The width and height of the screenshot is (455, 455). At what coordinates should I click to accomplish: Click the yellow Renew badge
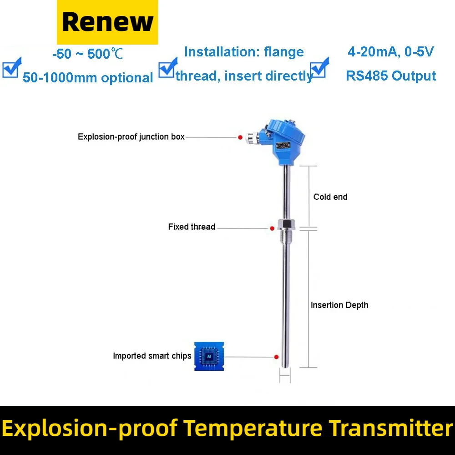tap(107, 22)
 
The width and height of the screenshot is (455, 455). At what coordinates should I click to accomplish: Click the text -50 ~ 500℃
tap(88, 54)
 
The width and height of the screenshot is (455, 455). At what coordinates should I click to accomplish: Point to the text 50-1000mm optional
tap(88, 77)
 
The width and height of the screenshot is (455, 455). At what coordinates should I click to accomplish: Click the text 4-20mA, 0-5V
tap(390, 52)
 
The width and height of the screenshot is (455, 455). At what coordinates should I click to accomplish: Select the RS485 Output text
tap(390, 76)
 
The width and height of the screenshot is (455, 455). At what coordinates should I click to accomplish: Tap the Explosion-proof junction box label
tap(131, 136)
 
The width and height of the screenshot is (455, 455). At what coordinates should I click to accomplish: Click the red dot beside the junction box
tap(240, 137)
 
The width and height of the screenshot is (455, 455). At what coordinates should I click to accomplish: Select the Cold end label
tap(330, 197)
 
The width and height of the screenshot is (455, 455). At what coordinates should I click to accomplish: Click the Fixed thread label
tap(192, 227)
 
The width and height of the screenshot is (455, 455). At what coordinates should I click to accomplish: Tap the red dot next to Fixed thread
tap(272, 228)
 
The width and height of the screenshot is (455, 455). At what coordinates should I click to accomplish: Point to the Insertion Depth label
tap(339, 305)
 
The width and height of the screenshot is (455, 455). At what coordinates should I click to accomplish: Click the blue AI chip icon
tap(209, 356)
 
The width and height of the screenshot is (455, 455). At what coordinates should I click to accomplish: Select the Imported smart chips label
tap(152, 356)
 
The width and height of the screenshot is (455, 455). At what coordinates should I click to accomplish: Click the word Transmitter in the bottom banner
tap(390, 428)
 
